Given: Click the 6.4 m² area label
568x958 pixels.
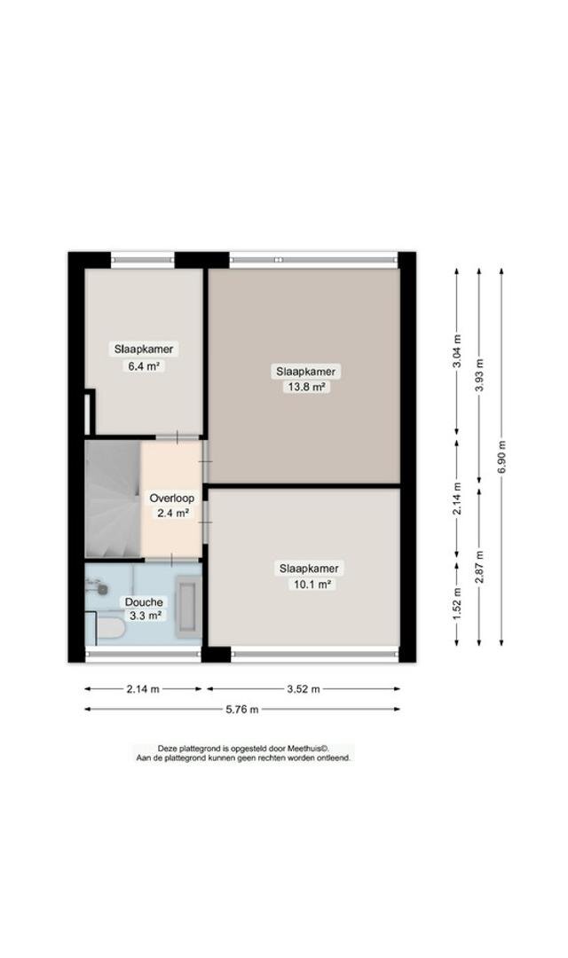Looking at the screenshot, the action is point(144,366).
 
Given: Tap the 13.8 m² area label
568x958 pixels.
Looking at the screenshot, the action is point(305,387).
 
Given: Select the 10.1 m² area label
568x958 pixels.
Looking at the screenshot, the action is point(310,584).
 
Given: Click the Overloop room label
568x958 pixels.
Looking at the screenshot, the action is point(172,498).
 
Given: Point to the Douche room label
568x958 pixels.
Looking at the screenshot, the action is point(144,601).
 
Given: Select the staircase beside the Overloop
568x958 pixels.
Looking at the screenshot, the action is point(113,499).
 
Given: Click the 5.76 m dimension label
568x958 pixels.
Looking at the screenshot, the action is point(242,710).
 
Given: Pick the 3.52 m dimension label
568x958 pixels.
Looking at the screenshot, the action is point(304,689).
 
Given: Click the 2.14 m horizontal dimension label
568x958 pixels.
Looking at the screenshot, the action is point(143,689).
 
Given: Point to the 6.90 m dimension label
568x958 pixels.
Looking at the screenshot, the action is point(501,457).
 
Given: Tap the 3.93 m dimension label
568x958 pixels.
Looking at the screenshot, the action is point(479,375).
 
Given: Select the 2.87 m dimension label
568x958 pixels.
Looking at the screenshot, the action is point(479,567).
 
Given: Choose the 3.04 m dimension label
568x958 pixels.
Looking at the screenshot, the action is point(457,352).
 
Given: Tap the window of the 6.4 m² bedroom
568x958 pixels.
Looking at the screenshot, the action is point(143,260).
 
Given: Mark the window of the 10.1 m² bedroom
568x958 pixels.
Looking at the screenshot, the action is point(314,655).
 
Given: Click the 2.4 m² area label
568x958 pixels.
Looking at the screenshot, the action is point(172,514).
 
